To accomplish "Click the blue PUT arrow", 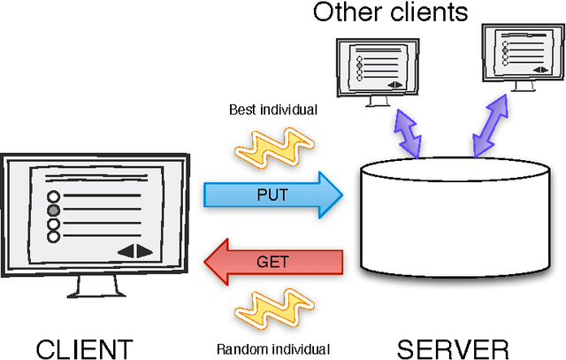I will coord(272,195).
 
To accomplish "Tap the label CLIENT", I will coord(84,346).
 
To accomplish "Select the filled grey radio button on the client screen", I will coord(53,211).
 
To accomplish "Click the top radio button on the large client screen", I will coord(53,196).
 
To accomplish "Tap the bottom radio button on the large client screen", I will coord(53,237).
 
